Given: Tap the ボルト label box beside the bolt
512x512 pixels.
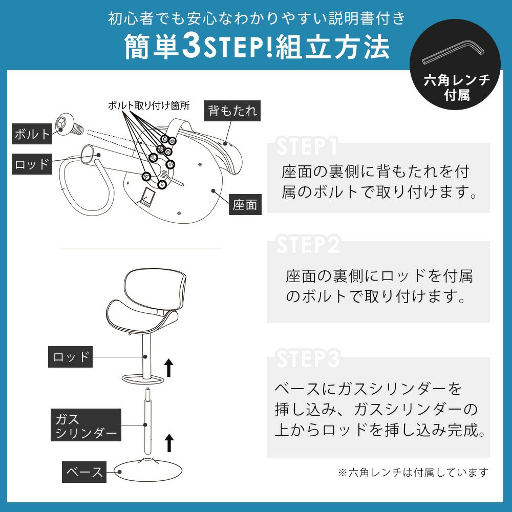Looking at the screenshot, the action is pos(32,134).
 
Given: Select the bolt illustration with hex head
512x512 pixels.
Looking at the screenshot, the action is pos(69,125).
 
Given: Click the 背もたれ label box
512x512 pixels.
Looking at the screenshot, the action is pos(232,111).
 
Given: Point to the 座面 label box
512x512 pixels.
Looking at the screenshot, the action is pos(245,204).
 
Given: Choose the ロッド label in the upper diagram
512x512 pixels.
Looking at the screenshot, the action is pos(32,164).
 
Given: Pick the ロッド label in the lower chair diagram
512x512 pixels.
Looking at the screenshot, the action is pos(70,357).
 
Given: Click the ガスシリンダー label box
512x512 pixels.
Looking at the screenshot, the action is pos(86,425).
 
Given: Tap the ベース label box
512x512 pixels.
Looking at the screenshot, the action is pos(84,472).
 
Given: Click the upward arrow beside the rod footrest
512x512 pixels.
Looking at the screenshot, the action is pos(168,367).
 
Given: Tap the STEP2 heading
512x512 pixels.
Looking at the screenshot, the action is pos(308,244).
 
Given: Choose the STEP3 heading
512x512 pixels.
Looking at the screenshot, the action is pos(308,358).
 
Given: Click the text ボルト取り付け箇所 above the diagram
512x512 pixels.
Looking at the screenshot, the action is pos(148,106).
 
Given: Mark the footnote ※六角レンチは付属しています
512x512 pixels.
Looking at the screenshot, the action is pos(413,472).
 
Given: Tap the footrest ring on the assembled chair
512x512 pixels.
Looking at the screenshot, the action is pos(143,379).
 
